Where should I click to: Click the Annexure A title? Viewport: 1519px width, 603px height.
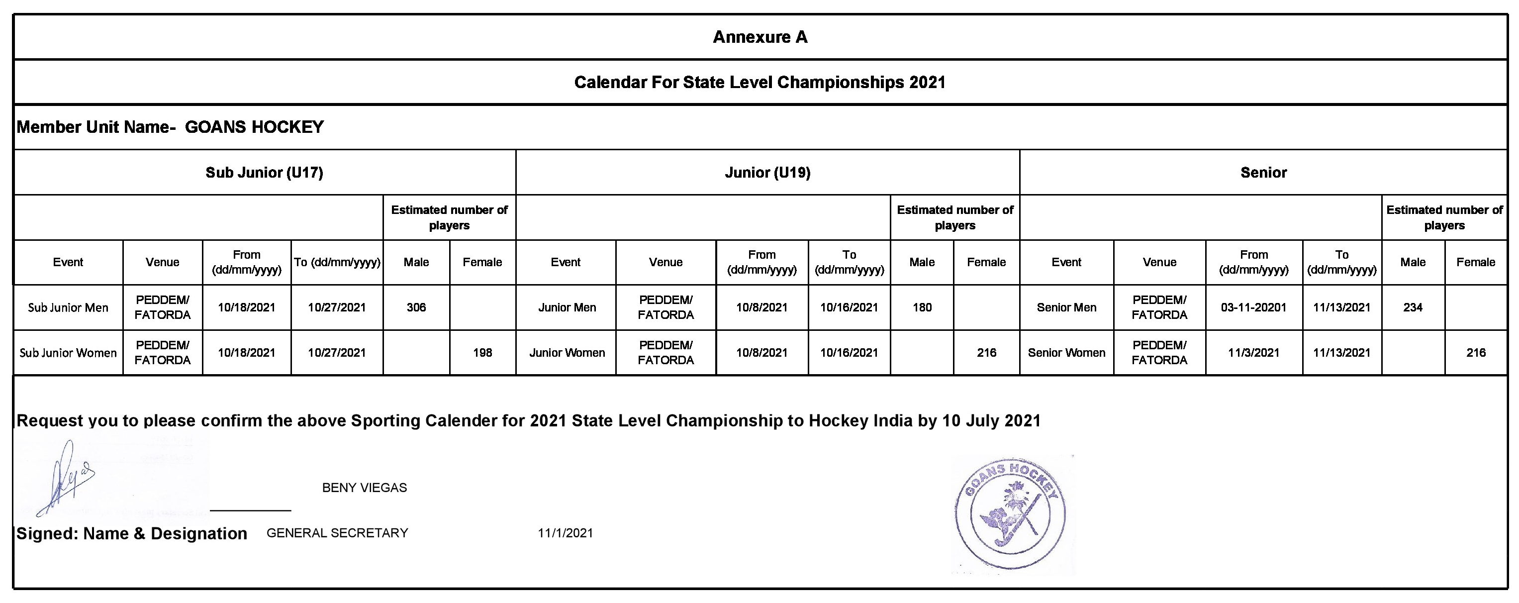click(x=759, y=37)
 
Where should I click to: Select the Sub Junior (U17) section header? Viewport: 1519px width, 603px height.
click(x=264, y=172)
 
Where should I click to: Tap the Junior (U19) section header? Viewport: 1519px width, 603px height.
click(x=767, y=172)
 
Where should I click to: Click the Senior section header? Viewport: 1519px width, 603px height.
click(x=1263, y=172)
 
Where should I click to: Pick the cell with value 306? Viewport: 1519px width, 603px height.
click(x=416, y=307)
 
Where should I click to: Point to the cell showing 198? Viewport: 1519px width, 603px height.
click(x=482, y=353)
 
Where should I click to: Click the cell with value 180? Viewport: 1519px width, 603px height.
click(x=922, y=307)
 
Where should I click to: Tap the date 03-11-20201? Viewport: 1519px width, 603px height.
click(x=1253, y=307)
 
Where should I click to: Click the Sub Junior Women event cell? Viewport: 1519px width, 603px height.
click(x=68, y=353)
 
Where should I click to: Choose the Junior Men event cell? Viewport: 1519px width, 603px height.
click(x=567, y=307)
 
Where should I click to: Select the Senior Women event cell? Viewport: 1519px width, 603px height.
click(x=1066, y=353)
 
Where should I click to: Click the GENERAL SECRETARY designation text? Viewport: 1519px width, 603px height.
click(x=337, y=533)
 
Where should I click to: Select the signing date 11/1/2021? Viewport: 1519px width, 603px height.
click(x=565, y=533)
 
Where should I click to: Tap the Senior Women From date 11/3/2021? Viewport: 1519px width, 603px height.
click(x=1253, y=353)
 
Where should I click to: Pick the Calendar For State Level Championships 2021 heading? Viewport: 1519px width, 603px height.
click(x=759, y=82)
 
